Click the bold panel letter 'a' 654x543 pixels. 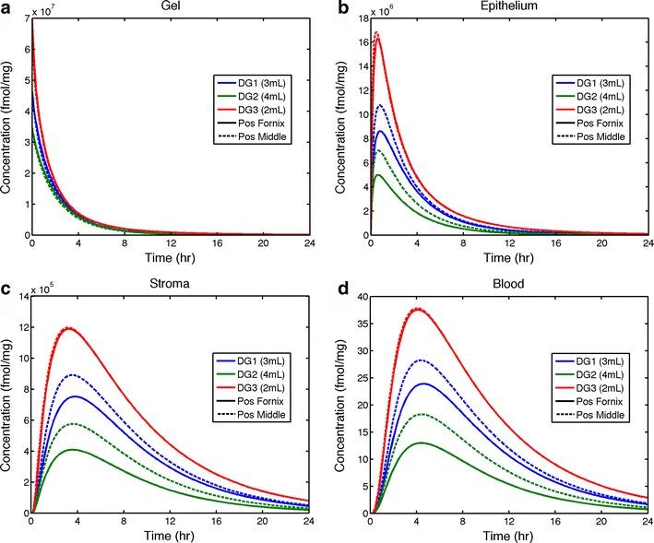click(x=6, y=7)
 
